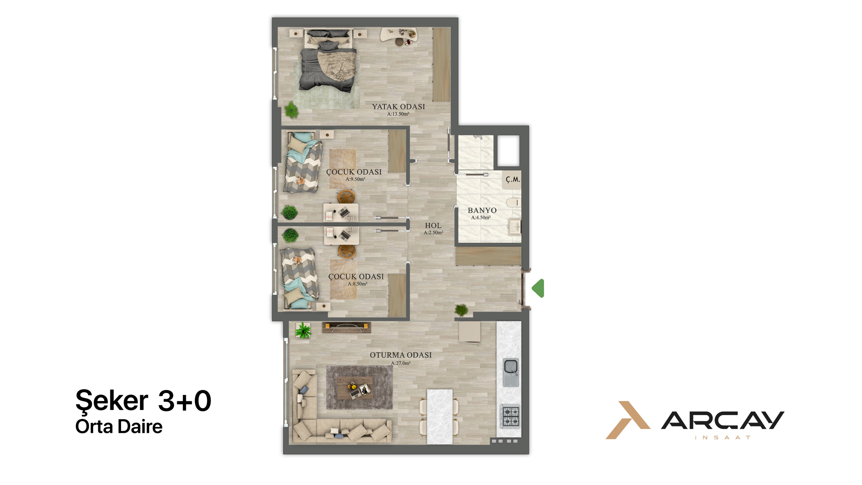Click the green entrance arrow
[538, 288]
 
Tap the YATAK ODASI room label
[399, 106]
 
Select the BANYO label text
[482, 210]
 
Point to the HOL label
[433, 225]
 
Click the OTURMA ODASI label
[401, 355]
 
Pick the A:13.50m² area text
[398, 114]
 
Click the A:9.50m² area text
[355, 179]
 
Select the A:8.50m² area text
[358, 284]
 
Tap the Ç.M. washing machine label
[513, 179]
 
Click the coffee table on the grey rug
[355, 388]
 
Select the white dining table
[440, 416]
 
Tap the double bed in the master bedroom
[329, 60]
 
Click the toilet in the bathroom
[513, 202]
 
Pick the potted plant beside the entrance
[461, 310]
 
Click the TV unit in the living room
[347, 328]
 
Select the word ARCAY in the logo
[723, 420]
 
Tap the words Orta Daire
[119, 427]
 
